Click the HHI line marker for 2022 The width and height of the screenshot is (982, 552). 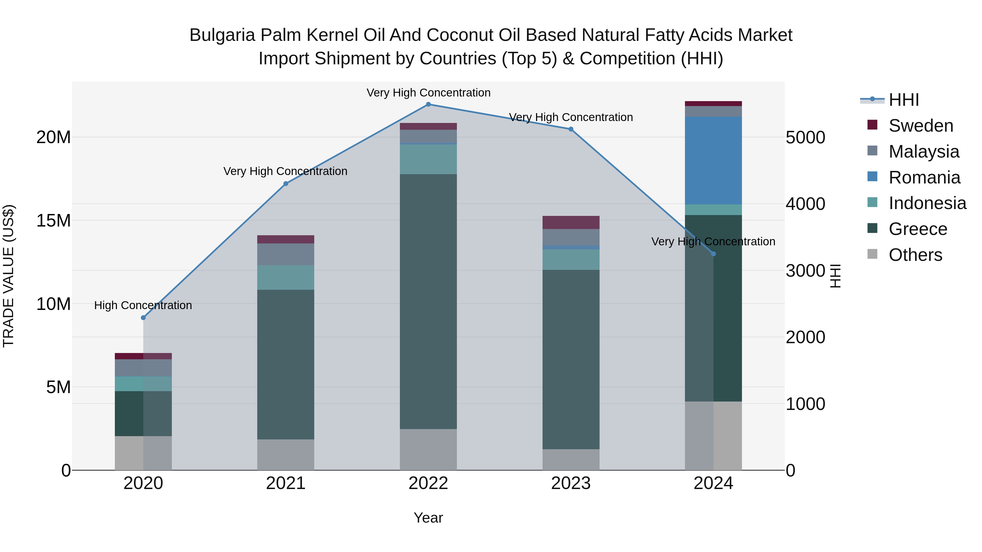pos(428,104)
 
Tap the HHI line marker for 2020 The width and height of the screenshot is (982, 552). pos(143,318)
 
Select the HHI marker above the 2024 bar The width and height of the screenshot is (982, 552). pos(714,254)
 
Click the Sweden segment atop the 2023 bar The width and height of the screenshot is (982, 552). pos(571,222)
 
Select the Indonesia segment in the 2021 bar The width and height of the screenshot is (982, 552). pos(286,277)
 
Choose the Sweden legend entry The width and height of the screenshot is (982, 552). pos(921,126)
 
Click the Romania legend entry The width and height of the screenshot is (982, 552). pos(924,177)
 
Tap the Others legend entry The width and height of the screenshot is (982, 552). pos(915,255)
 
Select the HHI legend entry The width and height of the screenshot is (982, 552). pos(903,100)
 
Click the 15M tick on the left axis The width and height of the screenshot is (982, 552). pos(53,221)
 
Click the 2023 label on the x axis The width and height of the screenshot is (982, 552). pos(571,483)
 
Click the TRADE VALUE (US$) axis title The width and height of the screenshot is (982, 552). pos(8,276)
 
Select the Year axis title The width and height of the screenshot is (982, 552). pos(428,518)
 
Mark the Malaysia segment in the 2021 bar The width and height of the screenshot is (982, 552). pos(286,254)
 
